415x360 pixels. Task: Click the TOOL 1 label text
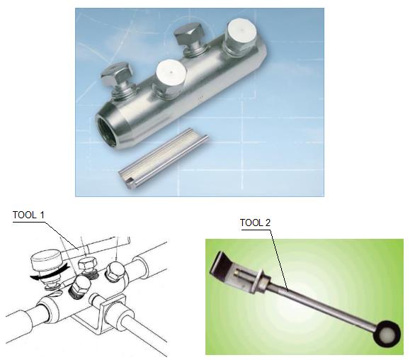coord(28,215)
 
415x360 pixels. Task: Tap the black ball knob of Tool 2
coord(387,332)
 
